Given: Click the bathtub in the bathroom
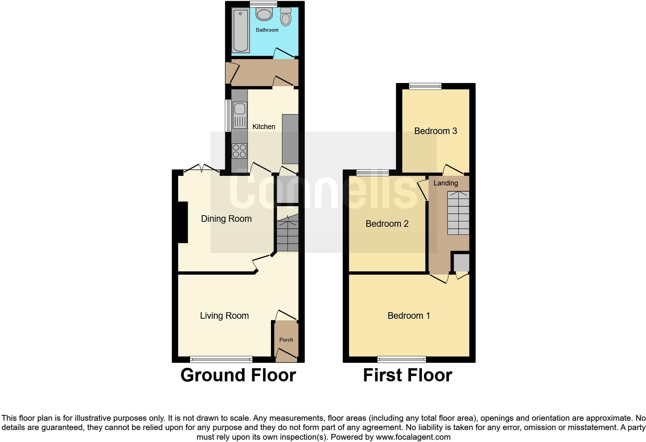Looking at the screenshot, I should [x=241, y=31].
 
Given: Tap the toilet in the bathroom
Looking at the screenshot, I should [x=286, y=17].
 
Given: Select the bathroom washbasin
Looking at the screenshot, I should [x=264, y=15].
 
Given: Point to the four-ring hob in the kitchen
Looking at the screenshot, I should [x=240, y=151].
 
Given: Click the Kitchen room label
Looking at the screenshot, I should [x=263, y=127].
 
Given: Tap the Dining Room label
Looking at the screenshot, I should [x=226, y=219].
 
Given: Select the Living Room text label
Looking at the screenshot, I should [x=224, y=316].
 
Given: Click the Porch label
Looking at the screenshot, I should [x=286, y=340].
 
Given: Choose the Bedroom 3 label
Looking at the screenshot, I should [x=435, y=131].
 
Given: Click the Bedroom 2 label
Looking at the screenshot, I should [x=387, y=224].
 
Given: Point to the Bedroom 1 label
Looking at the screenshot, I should [x=408, y=316].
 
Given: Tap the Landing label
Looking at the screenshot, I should [x=445, y=183].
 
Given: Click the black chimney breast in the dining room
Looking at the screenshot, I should [x=183, y=223].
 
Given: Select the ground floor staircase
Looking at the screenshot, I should [x=288, y=234].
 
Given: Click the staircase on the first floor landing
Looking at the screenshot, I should [x=458, y=213].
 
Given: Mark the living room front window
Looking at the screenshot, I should [x=221, y=359].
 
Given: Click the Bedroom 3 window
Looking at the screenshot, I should [x=425, y=87].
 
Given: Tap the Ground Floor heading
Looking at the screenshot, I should [x=238, y=375].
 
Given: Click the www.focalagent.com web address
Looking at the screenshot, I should [x=413, y=437].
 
